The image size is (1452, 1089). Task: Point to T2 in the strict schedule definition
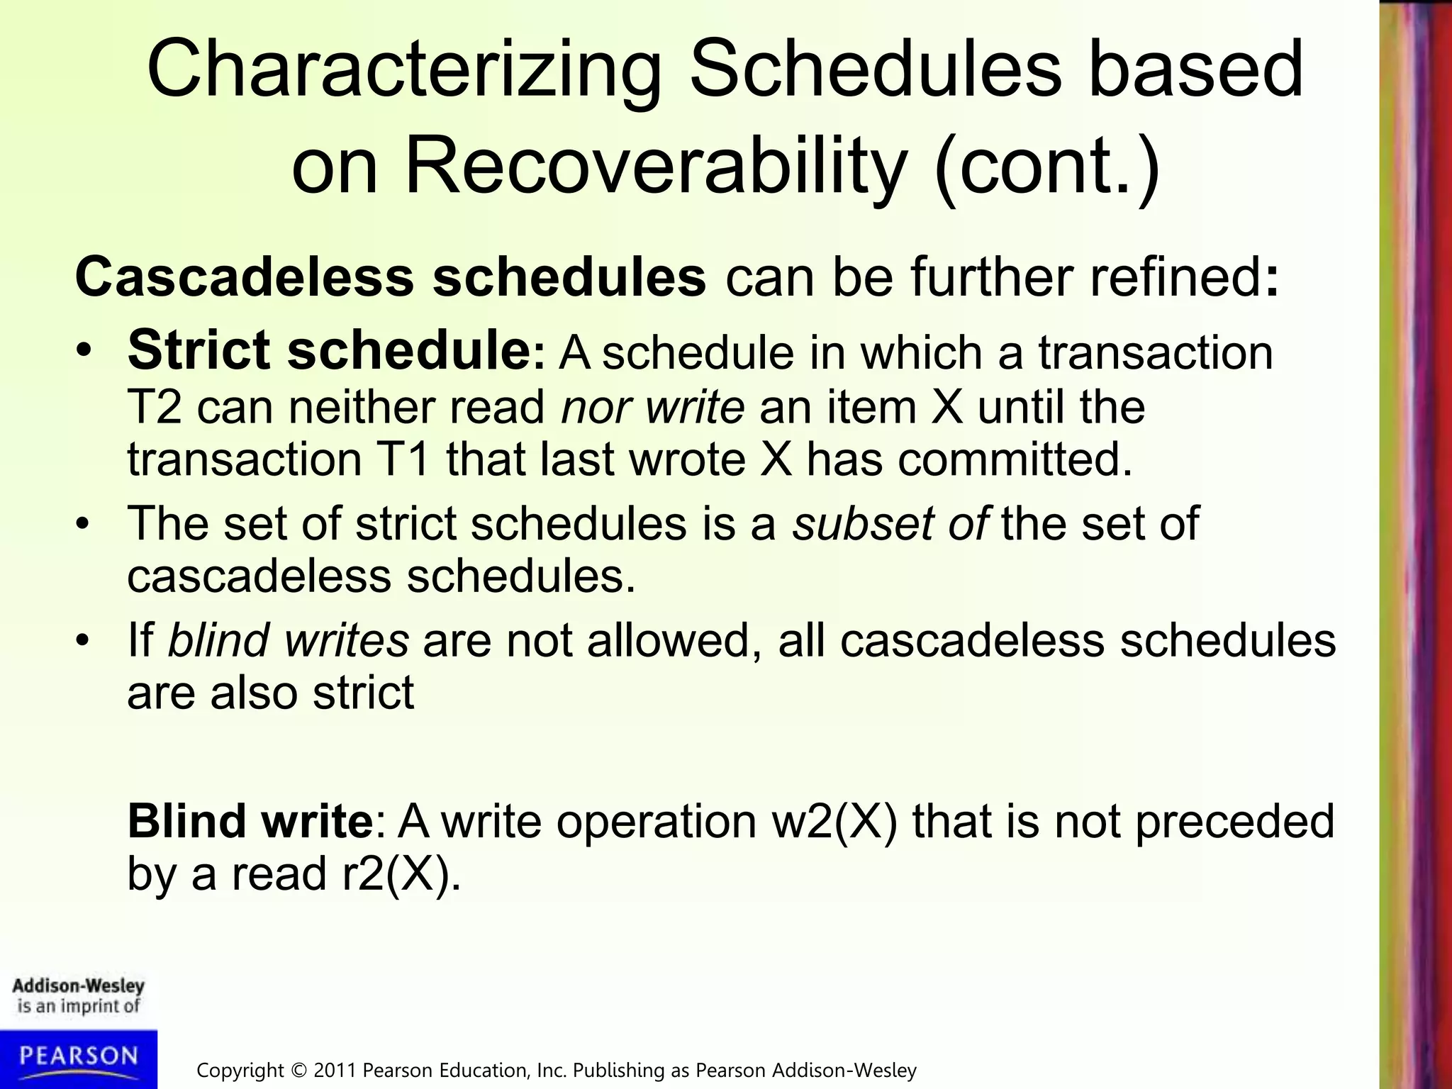coord(155,408)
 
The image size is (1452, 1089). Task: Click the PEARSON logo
coord(78,1057)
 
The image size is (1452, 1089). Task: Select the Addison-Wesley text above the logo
coord(78,986)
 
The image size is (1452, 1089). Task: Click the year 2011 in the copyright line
coord(336,1071)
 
